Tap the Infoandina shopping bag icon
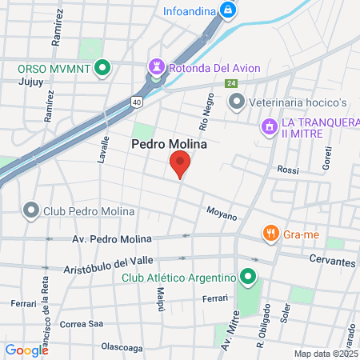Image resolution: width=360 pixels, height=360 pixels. tap(228, 10)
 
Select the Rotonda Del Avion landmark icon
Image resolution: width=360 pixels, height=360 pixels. tap(155, 69)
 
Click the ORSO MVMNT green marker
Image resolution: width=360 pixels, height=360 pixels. tap(102, 69)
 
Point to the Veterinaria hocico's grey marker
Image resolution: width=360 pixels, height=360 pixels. tap(236, 102)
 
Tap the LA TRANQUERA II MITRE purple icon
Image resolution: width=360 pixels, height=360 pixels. tap(270, 126)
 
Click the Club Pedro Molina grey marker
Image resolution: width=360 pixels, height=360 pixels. tap(31, 211)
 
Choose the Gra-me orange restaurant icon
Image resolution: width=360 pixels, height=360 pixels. tap(270, 234)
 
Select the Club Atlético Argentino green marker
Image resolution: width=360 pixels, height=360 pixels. tap(248, 278)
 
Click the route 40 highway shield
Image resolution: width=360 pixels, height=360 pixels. tap(138, 102)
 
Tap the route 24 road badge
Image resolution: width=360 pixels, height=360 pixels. tap(230, 84)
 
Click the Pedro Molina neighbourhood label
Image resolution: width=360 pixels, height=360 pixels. tap(169, 145)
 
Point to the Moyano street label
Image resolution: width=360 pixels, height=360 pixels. tap(222, 215)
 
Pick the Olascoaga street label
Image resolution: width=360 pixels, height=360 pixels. tap(122, 347)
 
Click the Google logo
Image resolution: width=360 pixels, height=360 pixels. tap(26, 350)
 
